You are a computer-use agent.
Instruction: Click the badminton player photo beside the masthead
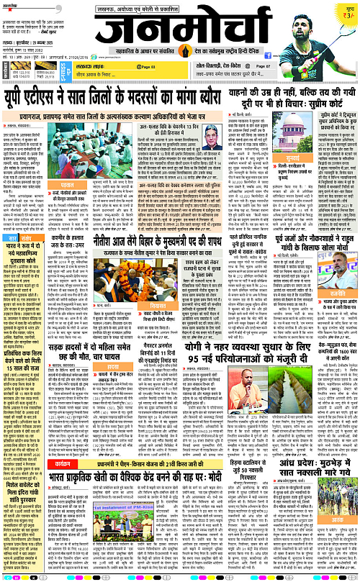[310, 30]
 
